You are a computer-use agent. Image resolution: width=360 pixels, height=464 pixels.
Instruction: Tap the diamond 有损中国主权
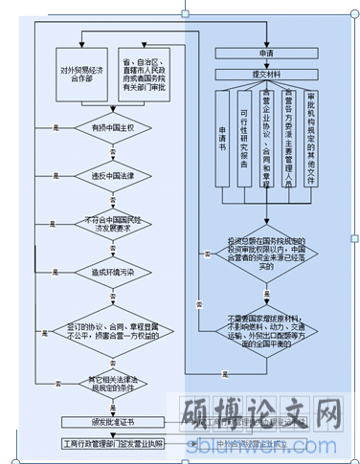point(114,126)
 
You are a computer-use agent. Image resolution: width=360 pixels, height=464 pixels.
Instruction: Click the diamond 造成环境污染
point(114,273)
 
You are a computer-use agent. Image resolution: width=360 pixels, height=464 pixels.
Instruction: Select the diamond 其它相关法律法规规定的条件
point(114,386)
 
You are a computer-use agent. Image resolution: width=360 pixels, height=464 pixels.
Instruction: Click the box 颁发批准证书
point(113,422)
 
